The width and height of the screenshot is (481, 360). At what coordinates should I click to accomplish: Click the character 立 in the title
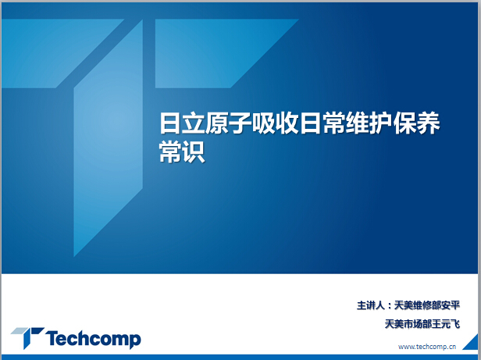194,123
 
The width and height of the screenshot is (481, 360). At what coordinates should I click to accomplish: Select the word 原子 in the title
229,123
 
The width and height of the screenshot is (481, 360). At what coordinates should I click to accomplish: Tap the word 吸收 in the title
276,123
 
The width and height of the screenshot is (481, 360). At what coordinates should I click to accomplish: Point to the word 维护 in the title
369,123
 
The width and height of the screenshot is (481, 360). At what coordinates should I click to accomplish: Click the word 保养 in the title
417,123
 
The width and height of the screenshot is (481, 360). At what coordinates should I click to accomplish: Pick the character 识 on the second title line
194,152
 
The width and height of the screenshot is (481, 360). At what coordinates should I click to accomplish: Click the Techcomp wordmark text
93,339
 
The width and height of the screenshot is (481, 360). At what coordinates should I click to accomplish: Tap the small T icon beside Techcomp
27,337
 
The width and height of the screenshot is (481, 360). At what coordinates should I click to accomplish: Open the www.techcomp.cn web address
427,347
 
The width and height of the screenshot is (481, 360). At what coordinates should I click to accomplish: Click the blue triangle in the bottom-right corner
472,344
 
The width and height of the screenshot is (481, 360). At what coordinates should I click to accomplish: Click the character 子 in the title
241,123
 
